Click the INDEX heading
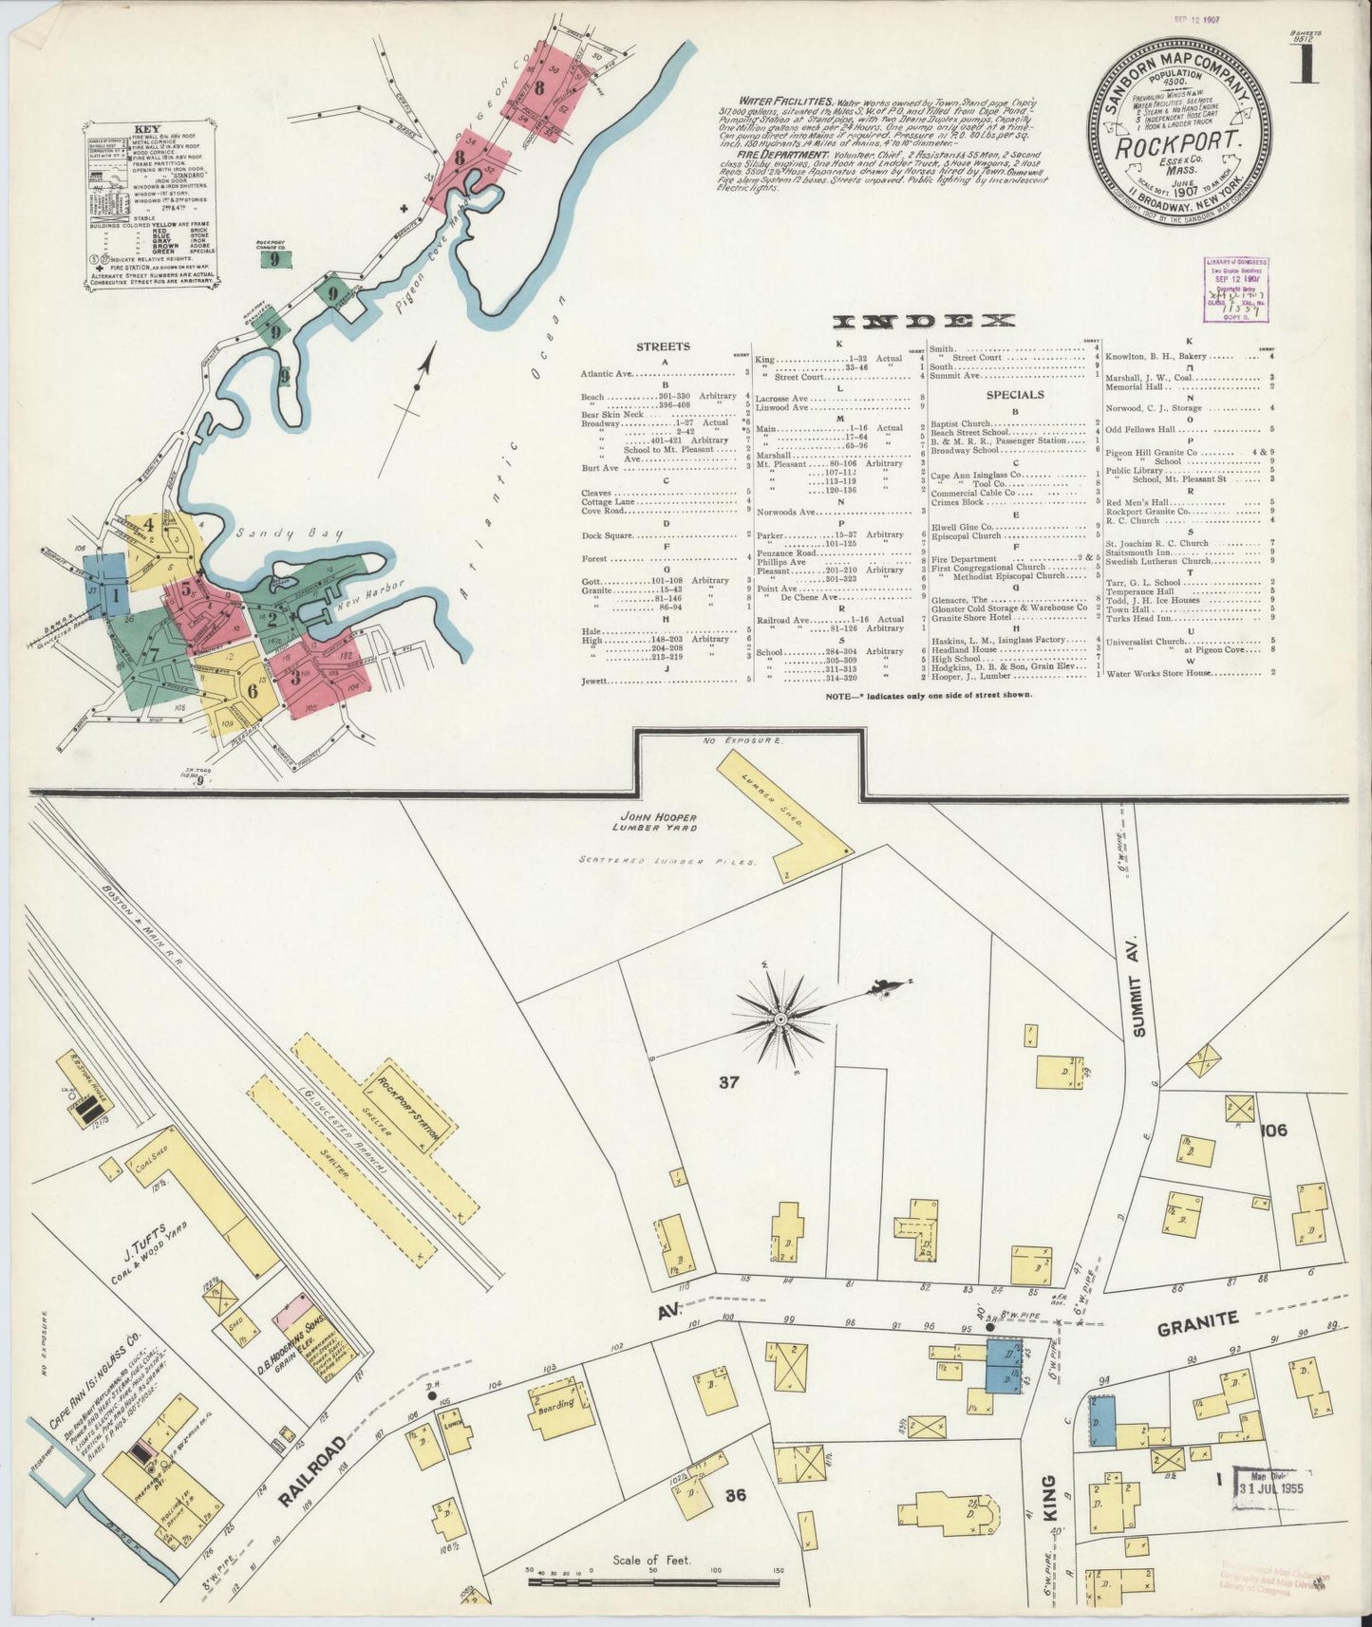(x=923, y=322)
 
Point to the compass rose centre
(x=780, y=1020)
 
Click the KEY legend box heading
(x=148, y=129)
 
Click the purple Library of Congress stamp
(x=1235, y=290)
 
